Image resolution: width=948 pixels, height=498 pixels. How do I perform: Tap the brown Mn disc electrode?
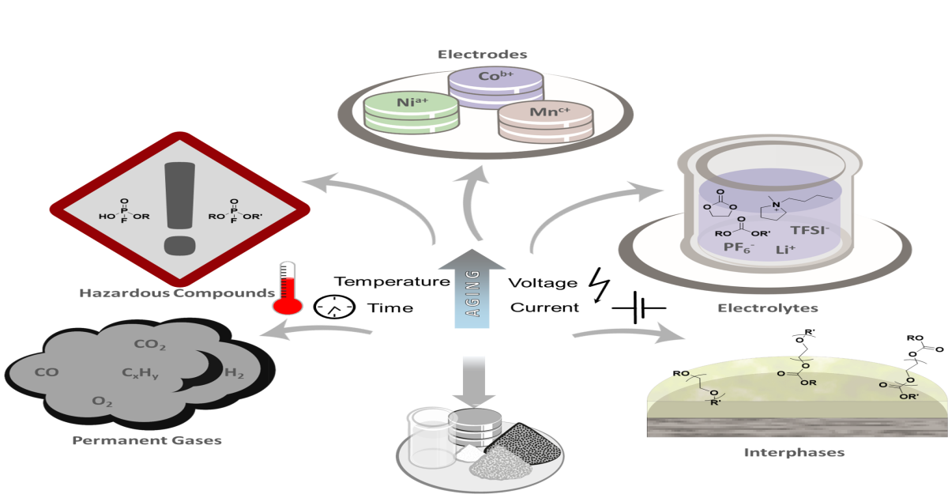coord(544,120)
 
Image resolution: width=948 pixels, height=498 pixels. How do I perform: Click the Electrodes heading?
coord(482,55)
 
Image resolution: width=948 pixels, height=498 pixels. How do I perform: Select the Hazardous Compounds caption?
coord(176,293)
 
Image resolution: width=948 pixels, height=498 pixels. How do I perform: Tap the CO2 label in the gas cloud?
coord(150,345)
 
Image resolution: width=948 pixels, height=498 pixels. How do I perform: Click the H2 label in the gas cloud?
coord(234,373)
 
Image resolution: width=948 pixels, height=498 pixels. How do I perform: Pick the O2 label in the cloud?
coord(103,402)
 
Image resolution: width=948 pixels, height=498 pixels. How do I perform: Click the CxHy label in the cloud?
coord(140,372)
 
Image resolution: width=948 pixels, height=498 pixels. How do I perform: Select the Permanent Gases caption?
coord(147,440)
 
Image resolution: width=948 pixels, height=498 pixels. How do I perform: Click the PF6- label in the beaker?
coord(739,248)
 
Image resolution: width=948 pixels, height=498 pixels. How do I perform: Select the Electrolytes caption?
coord(767,307)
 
